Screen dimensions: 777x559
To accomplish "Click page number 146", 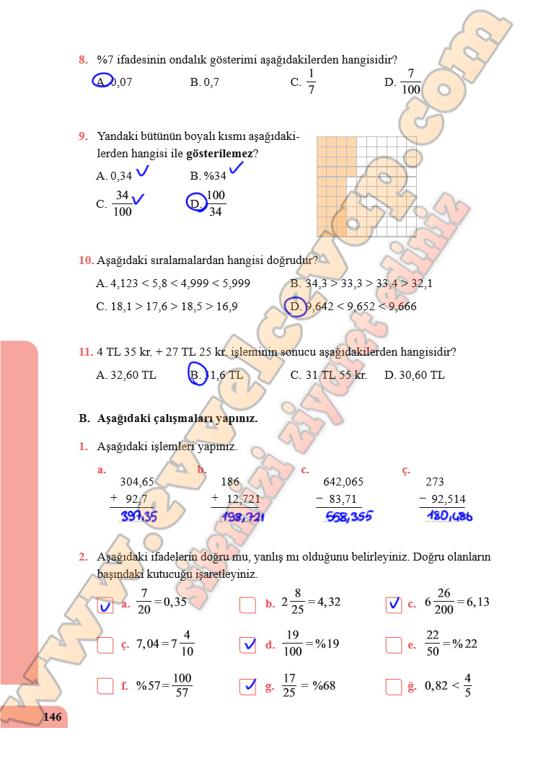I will [52, 717].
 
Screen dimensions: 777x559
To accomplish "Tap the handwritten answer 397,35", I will [138, 517].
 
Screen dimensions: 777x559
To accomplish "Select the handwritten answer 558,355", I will [349, 517].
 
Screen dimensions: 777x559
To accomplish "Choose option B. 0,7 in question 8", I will [205, 82].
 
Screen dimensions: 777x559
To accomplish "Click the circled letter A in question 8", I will [102, 81].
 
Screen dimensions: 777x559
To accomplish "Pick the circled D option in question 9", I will [196, 203].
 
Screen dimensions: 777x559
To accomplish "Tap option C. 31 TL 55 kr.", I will [329, 375].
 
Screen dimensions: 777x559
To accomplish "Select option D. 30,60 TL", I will [415, 375].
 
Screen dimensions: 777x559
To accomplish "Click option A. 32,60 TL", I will [126, 375].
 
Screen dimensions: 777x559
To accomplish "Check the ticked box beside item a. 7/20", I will [105, 605].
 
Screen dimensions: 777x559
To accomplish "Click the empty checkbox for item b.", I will [247, 605].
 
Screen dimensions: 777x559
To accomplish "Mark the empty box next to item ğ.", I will [393, 687].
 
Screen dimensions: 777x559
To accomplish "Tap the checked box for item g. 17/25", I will [247, 686].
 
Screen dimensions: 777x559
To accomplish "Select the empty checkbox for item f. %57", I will [105, 687].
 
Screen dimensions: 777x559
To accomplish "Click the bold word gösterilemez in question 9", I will [219, 154].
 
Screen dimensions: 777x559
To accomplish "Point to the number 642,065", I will [343, 482].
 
